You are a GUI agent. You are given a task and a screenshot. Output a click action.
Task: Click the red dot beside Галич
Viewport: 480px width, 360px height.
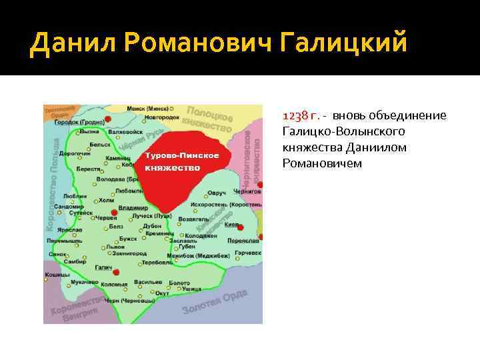point(117,272)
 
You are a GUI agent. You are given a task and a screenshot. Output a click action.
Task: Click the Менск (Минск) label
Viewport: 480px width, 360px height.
point(149,108)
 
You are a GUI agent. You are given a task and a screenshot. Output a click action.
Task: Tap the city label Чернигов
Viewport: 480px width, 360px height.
point(248,191)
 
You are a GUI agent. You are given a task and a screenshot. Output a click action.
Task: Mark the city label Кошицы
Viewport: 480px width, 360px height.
point(57,275)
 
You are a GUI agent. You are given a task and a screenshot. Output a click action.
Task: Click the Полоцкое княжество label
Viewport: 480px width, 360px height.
point(209,119)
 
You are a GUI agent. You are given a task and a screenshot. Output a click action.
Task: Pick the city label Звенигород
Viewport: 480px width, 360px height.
point(129,254)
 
